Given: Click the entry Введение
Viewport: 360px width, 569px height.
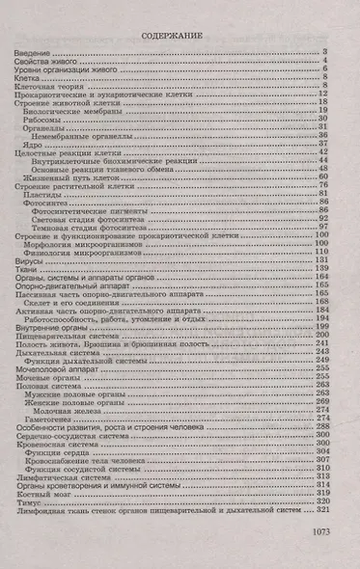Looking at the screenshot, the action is [35, 51].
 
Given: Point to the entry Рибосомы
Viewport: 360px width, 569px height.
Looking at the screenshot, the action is [43, 122].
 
